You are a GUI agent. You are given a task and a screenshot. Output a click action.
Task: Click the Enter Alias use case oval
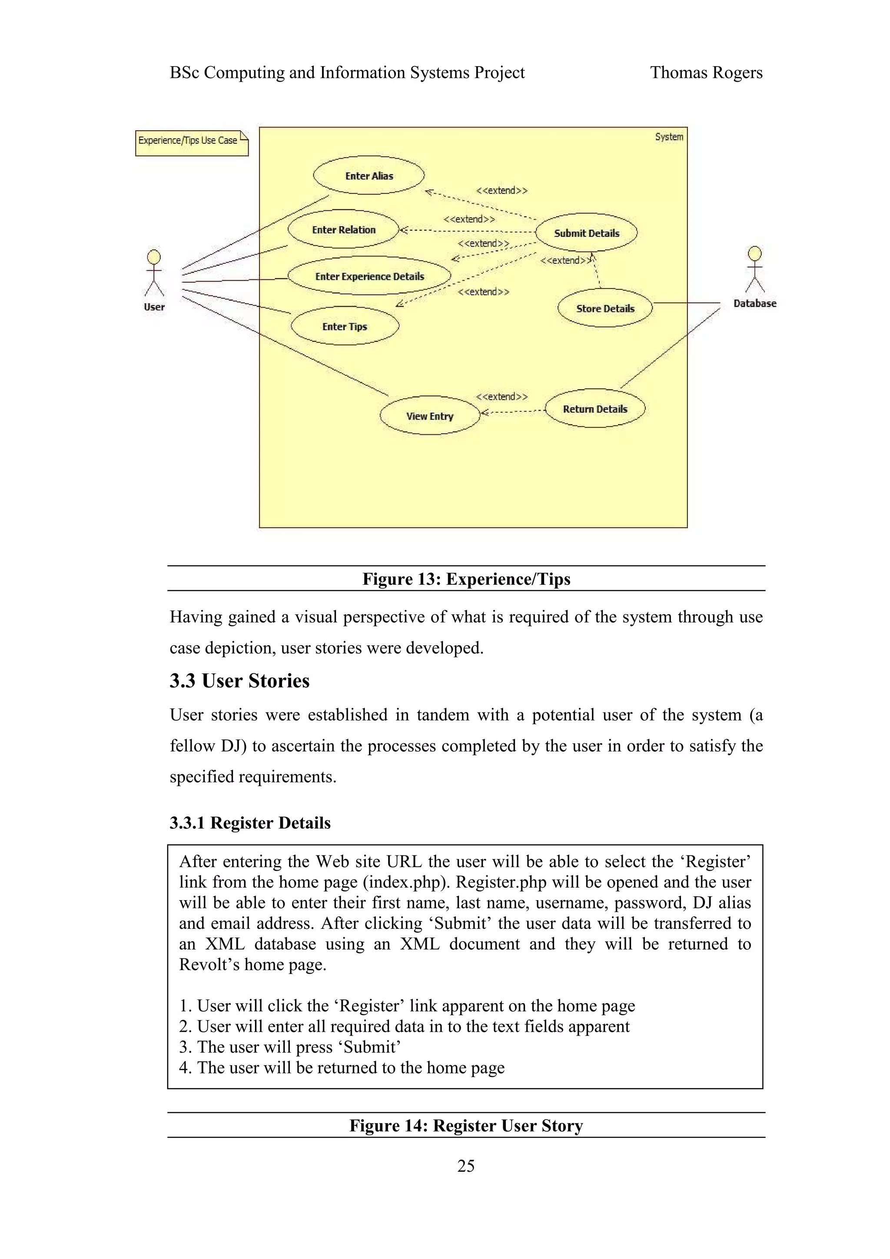(369, 176)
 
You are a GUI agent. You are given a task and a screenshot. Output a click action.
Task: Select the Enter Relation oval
(344, 229)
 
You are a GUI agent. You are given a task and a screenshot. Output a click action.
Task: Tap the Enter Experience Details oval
(369, 276)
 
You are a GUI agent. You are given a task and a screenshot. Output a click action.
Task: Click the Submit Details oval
(586, 232)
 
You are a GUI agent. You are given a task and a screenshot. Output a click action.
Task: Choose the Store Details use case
(605, 308)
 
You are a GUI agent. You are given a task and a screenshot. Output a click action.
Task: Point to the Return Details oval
(595, 408)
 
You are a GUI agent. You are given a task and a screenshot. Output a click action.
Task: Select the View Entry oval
(429, 416)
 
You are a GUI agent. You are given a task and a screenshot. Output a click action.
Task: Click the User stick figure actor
(154, 274)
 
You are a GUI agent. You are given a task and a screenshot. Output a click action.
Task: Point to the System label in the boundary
(669, 136)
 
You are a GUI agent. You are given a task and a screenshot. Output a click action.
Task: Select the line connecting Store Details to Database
(685, 303)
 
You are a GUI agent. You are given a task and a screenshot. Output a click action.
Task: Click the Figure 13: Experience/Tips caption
(466, 579)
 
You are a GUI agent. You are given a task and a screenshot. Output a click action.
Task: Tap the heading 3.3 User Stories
(239, 680)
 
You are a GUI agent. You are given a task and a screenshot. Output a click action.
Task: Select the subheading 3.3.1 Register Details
(250, 822)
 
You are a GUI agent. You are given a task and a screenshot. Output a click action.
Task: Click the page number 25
(465, 1165)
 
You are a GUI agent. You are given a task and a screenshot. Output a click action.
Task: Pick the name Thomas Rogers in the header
(706, 73)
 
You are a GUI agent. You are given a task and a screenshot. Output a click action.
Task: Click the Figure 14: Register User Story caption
(465, 1125)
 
